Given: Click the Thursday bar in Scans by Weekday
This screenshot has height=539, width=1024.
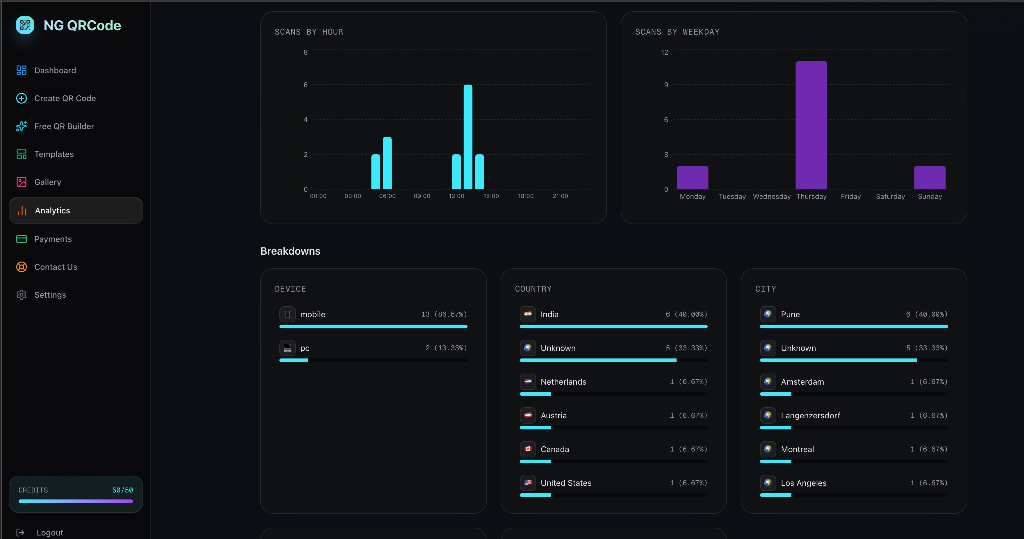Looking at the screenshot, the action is pyautogui.click(x=811, y=125).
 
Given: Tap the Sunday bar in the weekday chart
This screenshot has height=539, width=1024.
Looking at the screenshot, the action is pyautogui.click(x=930, y=178).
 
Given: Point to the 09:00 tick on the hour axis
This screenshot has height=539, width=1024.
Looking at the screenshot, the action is pyautogui.click(x=422, y=196).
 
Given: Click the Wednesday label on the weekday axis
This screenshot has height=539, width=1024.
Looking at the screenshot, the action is pyautogui.click(x=772, y=196).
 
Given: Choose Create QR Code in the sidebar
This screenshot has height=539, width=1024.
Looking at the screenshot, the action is pyautogui.click(x=65, y=98).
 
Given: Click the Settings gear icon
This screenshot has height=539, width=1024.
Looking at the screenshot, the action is pyautogui.click(x=22, y=295).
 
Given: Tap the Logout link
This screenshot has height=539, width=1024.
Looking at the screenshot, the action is pyautogui.click(x=50, y=533).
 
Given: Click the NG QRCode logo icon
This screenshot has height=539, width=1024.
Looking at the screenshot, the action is pyautogui.click(x=25, y=25).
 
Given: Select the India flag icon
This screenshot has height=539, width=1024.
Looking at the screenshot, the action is pyautogui.click(x=527, y=314).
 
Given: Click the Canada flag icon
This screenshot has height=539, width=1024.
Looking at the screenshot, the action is pyautogui.click(x=527, y=449).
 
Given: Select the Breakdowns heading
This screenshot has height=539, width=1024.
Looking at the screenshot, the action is pyautogui.click(x=290, y=251).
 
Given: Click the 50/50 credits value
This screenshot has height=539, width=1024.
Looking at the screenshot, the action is pyautogui.click(x=122, y=490).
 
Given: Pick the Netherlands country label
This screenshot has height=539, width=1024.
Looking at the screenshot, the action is pyautogui.click(x=563, y=382).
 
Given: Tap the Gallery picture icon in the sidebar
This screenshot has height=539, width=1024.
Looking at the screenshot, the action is pyautogui.click(x=22, y=182).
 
